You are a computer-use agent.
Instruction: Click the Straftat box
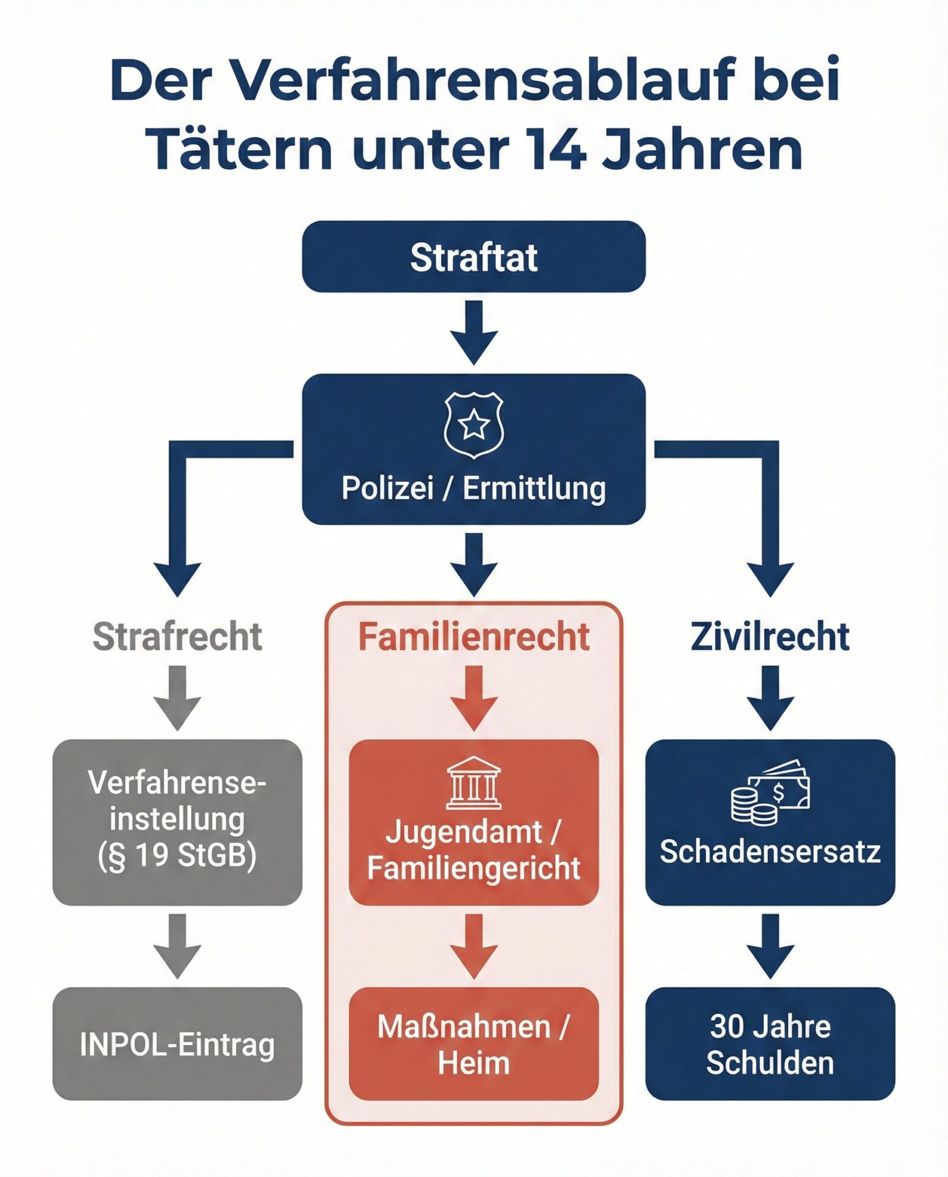[x=473, y=256]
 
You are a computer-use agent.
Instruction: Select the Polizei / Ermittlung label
[x=473, y=489]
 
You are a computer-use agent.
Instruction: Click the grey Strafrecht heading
[x=177, y=636]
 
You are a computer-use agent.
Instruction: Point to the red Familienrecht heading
[x=473, y=636]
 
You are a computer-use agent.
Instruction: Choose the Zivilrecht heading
[x=770, y=636]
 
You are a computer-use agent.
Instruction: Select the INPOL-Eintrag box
[x=177, y=1043]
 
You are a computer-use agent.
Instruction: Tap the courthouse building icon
[x=473, y=783]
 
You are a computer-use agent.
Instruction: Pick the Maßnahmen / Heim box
[x=473, y=1043]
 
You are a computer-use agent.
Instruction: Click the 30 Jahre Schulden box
[x=770, y=1043]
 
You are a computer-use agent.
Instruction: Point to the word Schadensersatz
[x=770, y=851]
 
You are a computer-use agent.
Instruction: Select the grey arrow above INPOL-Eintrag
[x=177, y=945]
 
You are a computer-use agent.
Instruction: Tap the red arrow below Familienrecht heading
[x=473, y=698]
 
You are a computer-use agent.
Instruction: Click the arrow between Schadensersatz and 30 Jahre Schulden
[x=770, y=945]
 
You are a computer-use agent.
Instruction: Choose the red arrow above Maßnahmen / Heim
[x=473, y=945]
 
